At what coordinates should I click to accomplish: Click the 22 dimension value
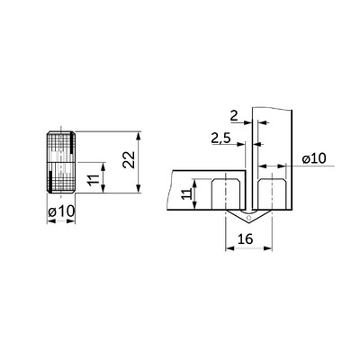click(129, 159)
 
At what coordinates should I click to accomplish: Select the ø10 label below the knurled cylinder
click(61, 212)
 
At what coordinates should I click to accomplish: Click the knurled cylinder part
click(61, 162)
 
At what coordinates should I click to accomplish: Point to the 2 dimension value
click(234, 115)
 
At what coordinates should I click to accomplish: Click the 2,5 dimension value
click(220, 138)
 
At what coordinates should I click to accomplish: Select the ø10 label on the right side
click(314, 158)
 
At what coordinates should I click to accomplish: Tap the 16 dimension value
click(245, 239)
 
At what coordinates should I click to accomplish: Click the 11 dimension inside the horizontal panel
click(187, 194)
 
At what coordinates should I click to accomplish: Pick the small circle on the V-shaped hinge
click(248, 218)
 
